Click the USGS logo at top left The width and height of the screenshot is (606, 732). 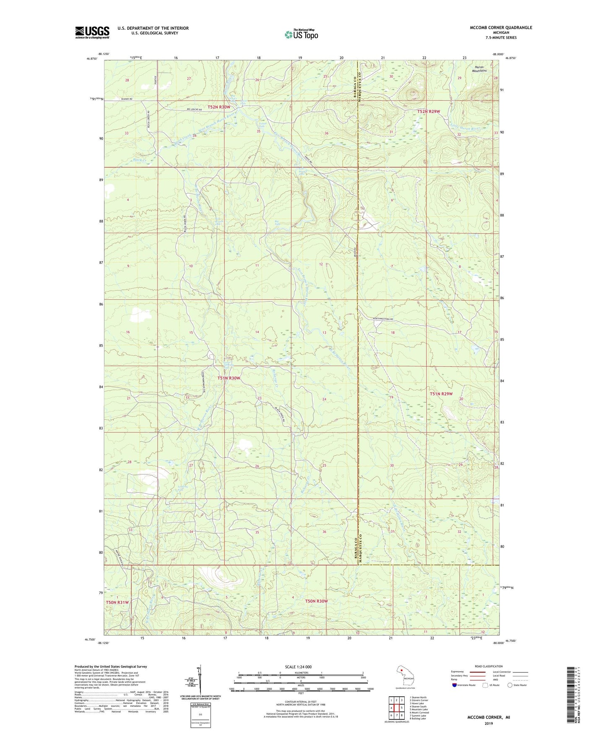tap(92, 32)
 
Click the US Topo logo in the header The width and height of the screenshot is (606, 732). tap(301, 35)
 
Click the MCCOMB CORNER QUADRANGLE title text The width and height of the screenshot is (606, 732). tap(501, 28)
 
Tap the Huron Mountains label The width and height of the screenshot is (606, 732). tap(480, 69)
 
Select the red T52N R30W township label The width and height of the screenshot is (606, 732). tap(219, 107)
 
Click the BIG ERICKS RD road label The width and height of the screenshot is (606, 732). tap(193, 109)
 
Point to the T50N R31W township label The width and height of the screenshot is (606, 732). tap(117, 602)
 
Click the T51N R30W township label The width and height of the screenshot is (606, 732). tap(229, 378)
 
